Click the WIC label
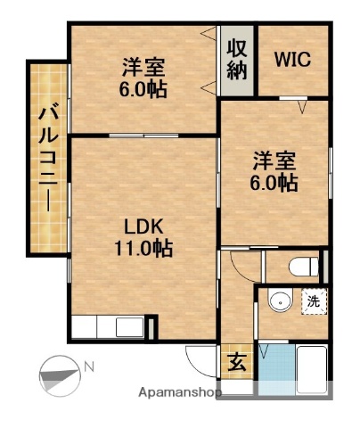[293, 60]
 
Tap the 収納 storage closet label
[237, 60]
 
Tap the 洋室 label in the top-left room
[143, 66]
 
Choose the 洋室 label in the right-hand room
[273, 160]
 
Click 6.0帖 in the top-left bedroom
[143, 89]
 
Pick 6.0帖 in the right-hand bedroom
[273, 183]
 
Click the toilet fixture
[303, 265]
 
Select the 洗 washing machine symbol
[313, 300]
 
